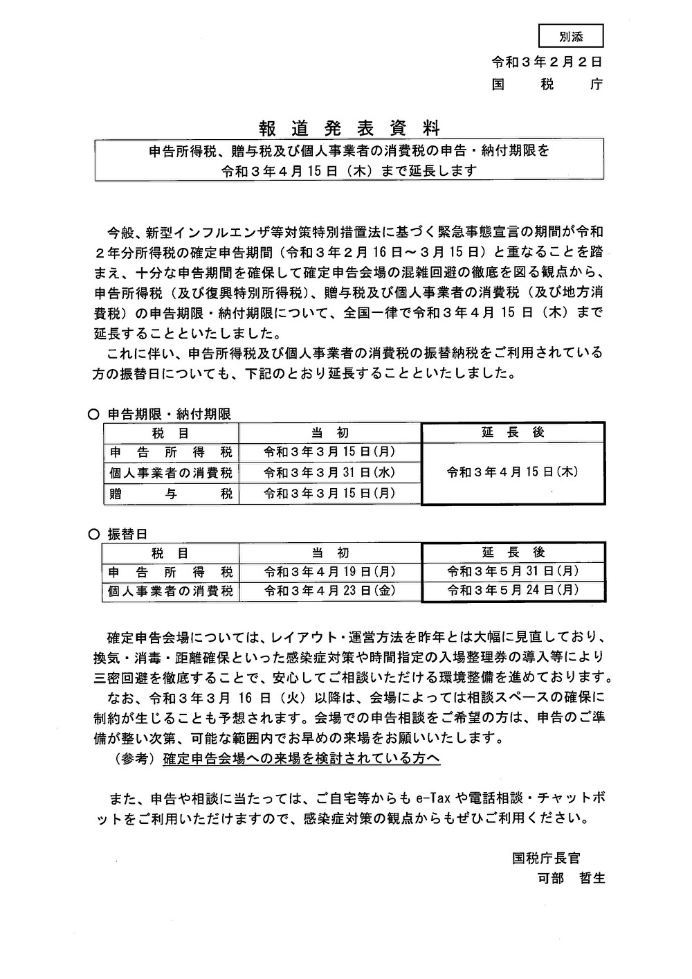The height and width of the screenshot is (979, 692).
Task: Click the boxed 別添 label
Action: pos(570,35)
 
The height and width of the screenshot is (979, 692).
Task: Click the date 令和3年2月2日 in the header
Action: pos(547,62)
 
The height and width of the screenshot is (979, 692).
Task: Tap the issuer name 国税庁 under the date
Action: pos(547,84)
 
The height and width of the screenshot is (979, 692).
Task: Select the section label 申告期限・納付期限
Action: pos(169,414)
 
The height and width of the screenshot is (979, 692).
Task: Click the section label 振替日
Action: pos(127,534)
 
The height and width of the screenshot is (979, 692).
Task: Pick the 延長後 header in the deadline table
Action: pos(513,432)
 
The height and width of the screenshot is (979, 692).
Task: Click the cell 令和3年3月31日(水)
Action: pos(329,473)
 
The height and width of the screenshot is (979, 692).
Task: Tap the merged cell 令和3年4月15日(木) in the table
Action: pos(513,472)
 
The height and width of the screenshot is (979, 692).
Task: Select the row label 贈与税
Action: pos(170,494)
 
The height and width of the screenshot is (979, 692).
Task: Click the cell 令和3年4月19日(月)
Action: pos(329,572)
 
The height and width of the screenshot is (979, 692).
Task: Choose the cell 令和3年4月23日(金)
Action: pos(329,591)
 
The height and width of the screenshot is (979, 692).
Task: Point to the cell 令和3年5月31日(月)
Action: pos(513,572)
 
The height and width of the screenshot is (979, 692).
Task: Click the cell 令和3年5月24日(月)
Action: pos(513,591)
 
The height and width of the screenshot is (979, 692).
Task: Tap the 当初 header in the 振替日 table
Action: pos(329,553)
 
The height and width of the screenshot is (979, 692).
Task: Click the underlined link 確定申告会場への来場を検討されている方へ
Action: pos(302,759)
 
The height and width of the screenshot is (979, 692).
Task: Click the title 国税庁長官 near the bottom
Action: pos(546,859)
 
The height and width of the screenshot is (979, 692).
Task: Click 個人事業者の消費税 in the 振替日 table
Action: pos(170,591)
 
